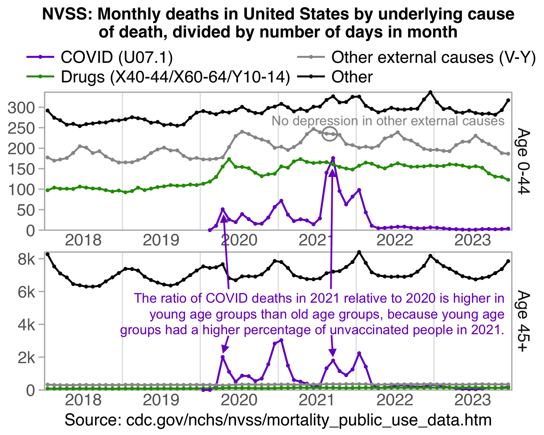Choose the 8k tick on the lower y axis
27,260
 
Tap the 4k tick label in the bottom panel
27,324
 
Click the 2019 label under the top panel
161,240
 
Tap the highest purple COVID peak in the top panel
333,158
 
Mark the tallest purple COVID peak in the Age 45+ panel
281,340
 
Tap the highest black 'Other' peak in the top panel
430,92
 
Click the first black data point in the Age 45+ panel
48,254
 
